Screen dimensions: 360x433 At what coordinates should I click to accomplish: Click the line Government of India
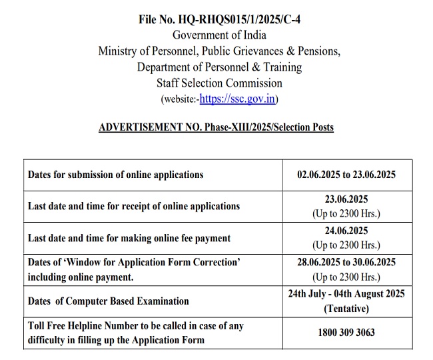219,35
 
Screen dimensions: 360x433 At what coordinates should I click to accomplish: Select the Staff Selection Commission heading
219,83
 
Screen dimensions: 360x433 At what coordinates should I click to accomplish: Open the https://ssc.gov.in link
238,99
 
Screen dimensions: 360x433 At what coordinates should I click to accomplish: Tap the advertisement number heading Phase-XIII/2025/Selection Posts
216,127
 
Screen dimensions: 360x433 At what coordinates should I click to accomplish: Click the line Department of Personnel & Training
219,67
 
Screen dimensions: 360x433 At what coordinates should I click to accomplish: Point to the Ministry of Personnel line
219,51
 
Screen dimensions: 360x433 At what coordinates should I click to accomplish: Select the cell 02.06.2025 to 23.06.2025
346,175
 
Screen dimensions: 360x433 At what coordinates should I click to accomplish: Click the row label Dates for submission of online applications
115,175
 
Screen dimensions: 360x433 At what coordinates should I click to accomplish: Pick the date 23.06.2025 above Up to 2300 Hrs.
346,199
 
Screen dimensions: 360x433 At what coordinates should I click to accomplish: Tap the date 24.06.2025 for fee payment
346,231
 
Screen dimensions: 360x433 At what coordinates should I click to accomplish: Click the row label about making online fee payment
129,238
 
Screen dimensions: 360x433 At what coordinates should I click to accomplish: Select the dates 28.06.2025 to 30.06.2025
346,262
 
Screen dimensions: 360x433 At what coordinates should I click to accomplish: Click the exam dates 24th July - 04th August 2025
346,294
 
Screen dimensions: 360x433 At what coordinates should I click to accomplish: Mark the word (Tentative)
346,309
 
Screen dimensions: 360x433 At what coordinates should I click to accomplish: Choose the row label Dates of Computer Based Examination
108,301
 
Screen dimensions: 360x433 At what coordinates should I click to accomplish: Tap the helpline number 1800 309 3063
346,333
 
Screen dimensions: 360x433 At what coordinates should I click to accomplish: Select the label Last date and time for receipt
133,206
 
